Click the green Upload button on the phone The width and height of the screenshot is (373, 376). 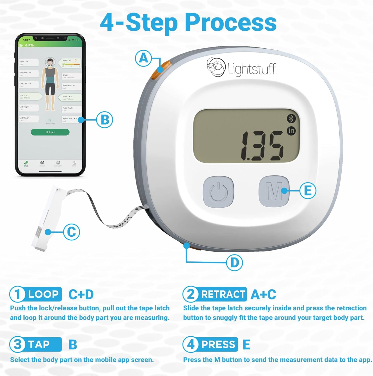click(x=50, y=132)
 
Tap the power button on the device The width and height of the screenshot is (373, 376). click(x=218, y=192)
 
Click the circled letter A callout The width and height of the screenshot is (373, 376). click(x=143, y=58)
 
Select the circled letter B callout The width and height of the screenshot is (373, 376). click(x=105, y=120)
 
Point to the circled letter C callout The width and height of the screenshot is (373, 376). click(x=72, y=232)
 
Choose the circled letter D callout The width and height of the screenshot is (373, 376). click(x=234, y=262)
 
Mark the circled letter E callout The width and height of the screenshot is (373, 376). click(x=308, y=191)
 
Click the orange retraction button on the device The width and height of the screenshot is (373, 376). click(x=161, y=70)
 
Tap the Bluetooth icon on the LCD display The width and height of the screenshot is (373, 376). click(x=291, y=119)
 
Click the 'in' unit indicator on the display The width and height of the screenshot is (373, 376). click(x=291, y=131)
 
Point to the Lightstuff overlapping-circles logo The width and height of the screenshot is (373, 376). click(x=215, y=67)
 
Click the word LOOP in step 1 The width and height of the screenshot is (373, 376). click(x=43, y=294)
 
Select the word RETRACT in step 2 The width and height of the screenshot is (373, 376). click(x=223, y=294)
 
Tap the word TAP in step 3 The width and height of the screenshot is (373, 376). click(x=39, y=344)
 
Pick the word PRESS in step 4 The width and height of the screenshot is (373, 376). click(x=218, y=344)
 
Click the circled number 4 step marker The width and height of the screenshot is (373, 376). click(x=191, y=344)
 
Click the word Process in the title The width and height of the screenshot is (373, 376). click(x=231, y=23)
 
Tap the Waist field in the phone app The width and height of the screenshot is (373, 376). click(x=70, y=98)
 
